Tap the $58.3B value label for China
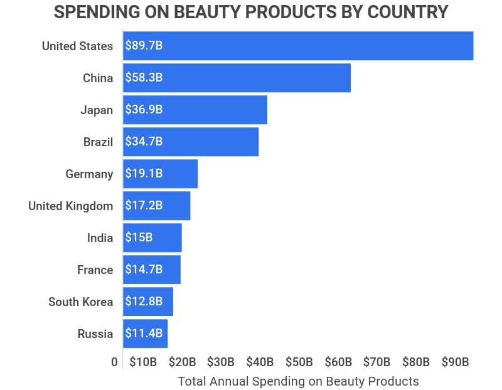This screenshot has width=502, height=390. coord(144,78)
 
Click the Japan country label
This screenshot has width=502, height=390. coord(97,110)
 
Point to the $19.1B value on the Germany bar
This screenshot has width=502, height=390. coord(144,174)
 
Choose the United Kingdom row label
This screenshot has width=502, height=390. coord(71,206)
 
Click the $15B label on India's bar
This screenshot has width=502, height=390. coord(139,238)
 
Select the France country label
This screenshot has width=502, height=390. coord(95,270)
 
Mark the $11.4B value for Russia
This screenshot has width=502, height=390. coord(144,334)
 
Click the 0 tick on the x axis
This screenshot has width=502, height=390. coord(114,362)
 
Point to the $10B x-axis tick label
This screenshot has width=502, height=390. coord(143,362)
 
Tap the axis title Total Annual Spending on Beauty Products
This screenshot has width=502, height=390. coord(298,381)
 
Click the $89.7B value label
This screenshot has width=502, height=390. coord(144,46)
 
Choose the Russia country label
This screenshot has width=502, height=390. coord(95,334)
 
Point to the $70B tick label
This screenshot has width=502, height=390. coord(377,362)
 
